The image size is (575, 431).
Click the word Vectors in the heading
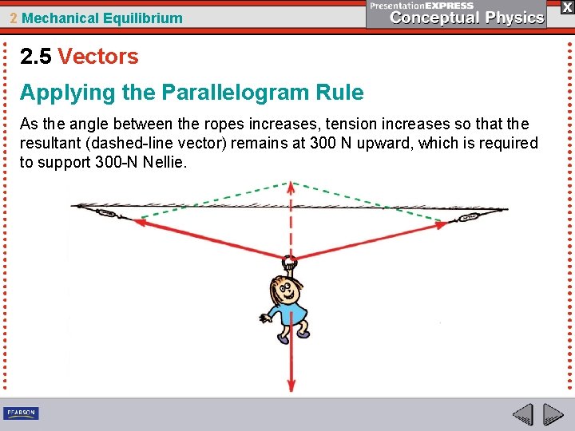tap(98, 57)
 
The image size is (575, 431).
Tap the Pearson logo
tap(21, 413)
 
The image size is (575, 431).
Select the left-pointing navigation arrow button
tap(523, 414)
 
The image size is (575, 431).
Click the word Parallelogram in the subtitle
tap(232, 93)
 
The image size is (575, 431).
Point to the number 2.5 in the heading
tap(36, 57)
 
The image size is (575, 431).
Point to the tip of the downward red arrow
tap(291, 389)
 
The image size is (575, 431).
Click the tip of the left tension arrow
tap(136, 223)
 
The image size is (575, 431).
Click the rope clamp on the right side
tap(469, 215)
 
